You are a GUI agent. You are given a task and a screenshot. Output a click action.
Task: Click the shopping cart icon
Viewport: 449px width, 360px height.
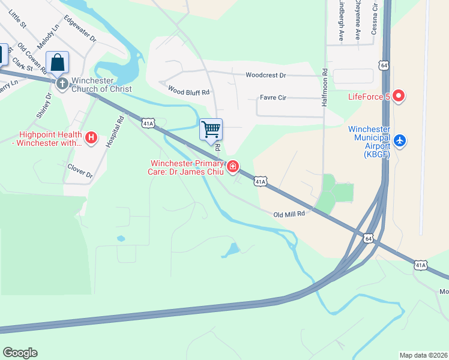point(211,130)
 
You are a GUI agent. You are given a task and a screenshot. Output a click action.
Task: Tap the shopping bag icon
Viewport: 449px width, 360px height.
point(57,62)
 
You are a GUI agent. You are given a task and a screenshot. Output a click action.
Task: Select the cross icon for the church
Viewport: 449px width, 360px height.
point(62,83)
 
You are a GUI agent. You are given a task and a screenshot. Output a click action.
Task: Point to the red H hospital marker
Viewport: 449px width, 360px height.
point(91,138)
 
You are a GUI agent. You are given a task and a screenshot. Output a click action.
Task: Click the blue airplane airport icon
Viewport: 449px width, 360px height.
point(401,141)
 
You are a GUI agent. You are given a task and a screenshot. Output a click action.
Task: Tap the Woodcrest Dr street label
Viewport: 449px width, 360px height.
point(266,75)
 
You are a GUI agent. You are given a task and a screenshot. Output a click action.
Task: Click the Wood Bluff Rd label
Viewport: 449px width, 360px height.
point(188,92)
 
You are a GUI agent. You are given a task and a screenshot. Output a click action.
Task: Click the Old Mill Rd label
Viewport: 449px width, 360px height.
point(289,214)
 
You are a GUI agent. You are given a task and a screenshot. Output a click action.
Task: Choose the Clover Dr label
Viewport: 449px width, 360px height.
point(80,171)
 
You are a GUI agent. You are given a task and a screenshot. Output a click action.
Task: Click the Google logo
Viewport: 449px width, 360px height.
point(20,353)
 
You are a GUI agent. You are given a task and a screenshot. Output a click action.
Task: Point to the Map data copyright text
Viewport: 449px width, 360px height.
point(423,355)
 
